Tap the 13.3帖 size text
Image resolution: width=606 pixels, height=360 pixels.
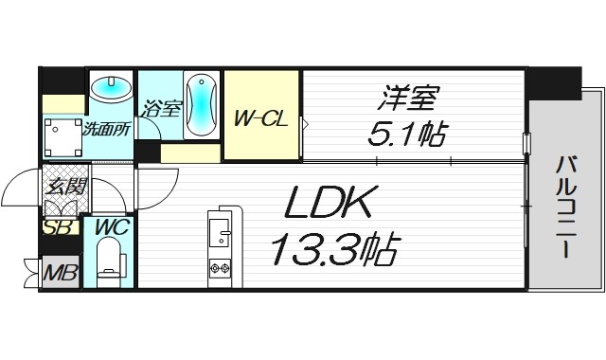tap(333, 250)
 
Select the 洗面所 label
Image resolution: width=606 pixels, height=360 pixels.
tap(105, 129)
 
